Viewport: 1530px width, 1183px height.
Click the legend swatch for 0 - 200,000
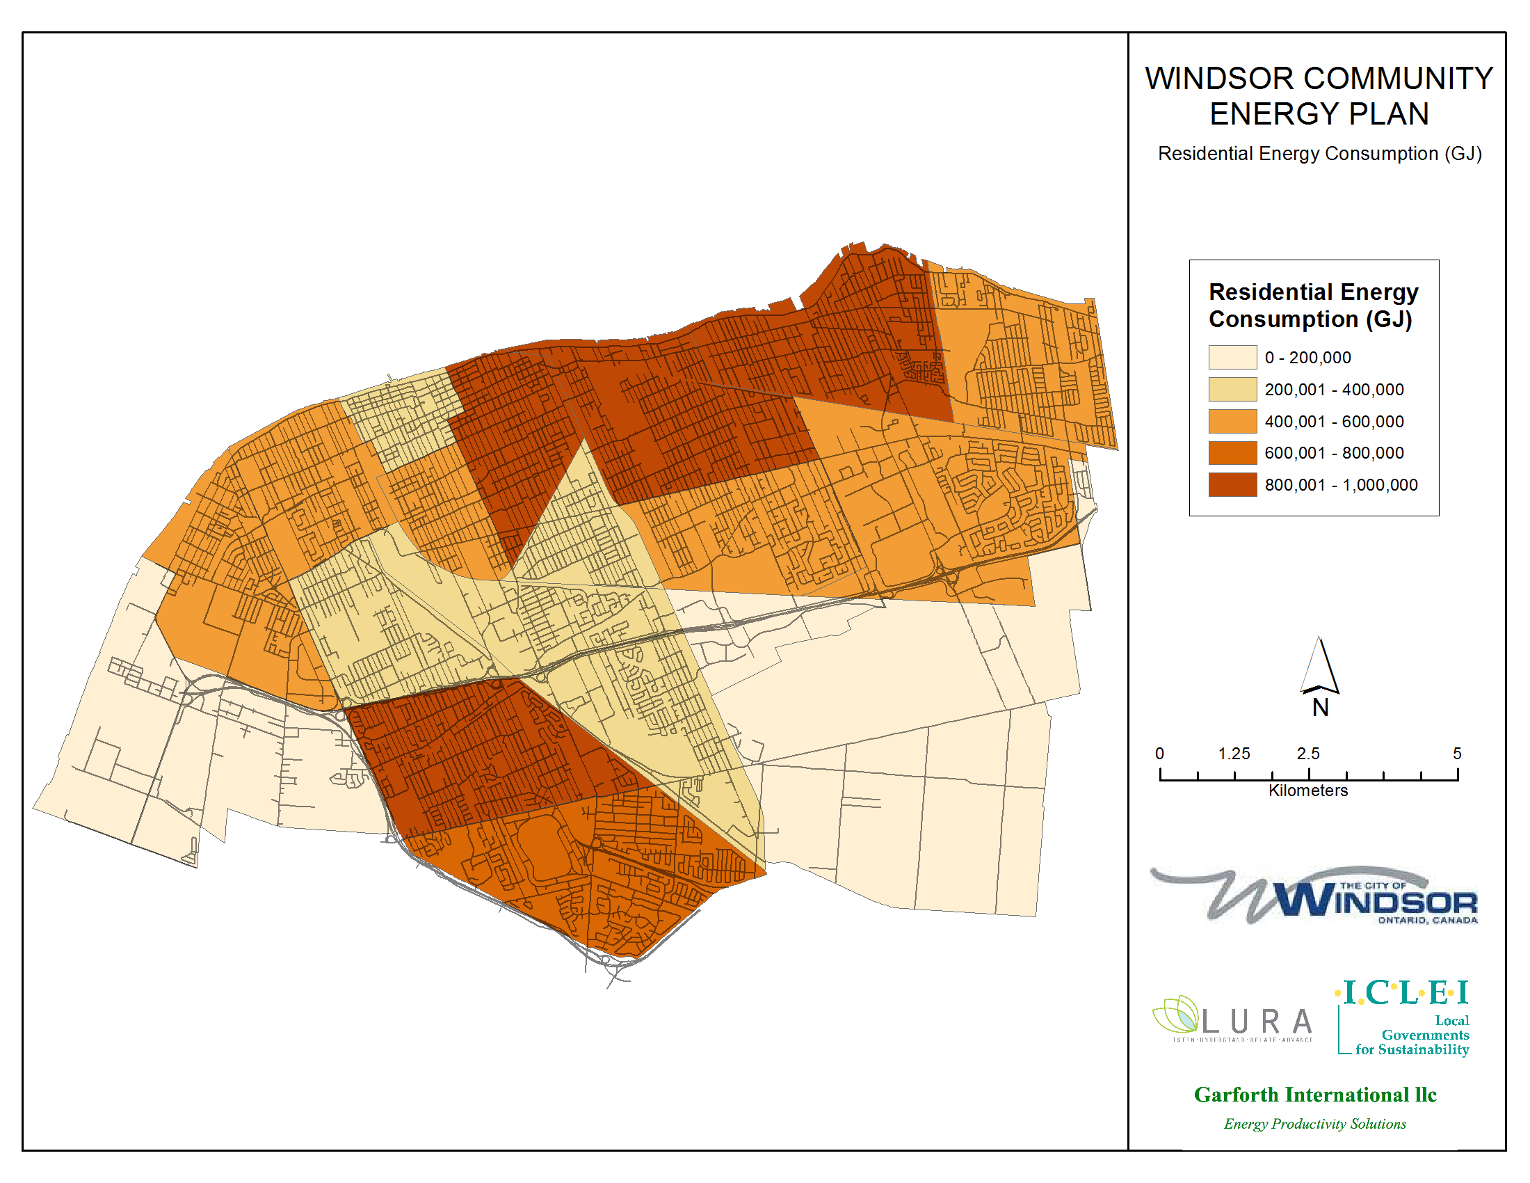(x=1232, y=358)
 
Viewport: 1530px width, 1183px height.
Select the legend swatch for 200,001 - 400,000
(x=1232, y=390)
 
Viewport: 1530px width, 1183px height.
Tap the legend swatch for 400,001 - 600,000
(x=1232, y=422)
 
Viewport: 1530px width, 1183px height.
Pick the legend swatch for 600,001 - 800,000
(x=1232, y=454)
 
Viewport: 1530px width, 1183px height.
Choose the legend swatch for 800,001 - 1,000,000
(x=1232, y=485)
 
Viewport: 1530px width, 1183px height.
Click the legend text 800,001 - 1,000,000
(x=1341, y=485)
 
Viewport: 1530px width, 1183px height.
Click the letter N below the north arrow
(x=1321, y=708)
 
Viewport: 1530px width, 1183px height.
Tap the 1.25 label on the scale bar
(x=1234, y=754)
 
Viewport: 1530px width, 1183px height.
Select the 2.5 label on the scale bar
(x=1308, y=754)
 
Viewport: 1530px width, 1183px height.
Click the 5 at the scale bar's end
(x=1457, y=754)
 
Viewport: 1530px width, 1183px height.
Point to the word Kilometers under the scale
(x=1308, y=791)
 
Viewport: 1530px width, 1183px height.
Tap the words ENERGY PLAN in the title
(x=1319, y=114)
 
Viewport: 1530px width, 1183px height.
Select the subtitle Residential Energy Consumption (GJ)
(x=1319, y=154)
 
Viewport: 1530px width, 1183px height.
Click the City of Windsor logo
(x=1314, y=896)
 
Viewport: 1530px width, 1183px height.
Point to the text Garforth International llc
(x=1315, y=1095)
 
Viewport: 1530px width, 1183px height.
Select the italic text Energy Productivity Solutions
(x=1314, y=1124)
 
